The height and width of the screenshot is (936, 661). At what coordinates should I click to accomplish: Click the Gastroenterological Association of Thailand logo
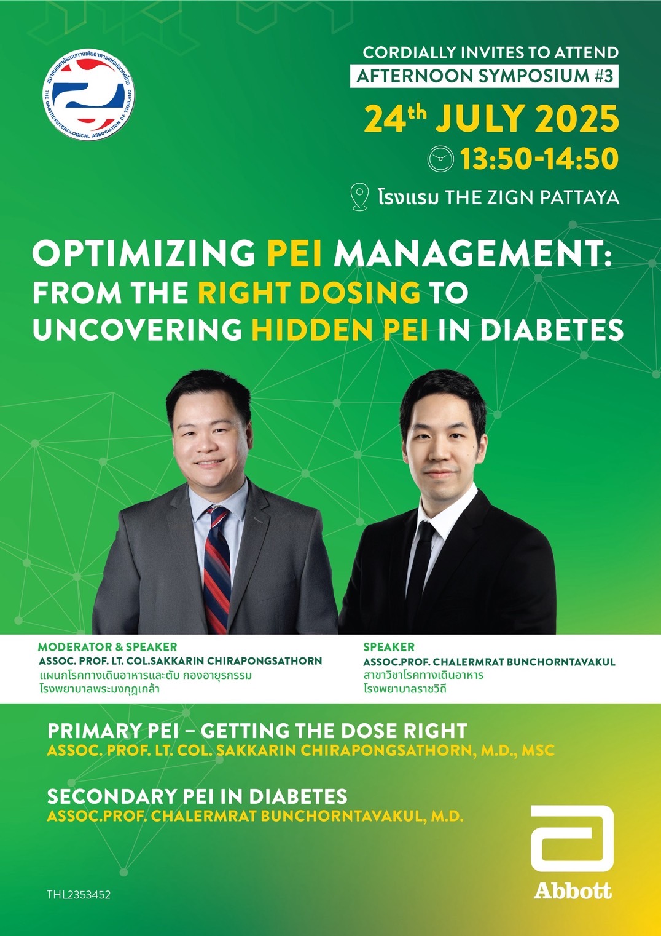[88, 95]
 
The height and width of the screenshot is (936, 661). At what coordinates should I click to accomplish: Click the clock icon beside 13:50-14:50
[440, 159]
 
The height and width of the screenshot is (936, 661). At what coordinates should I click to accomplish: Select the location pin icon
[360, 197]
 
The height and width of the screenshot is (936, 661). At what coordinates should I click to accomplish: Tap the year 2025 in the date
[576, 119]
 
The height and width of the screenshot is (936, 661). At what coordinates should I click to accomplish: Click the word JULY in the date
[480, 119]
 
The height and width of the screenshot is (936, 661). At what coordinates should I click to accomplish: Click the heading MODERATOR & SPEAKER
[108, 647]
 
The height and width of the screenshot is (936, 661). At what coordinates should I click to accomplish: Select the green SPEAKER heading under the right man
[388, 647]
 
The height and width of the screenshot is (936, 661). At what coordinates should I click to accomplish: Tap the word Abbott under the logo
[573, 890]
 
